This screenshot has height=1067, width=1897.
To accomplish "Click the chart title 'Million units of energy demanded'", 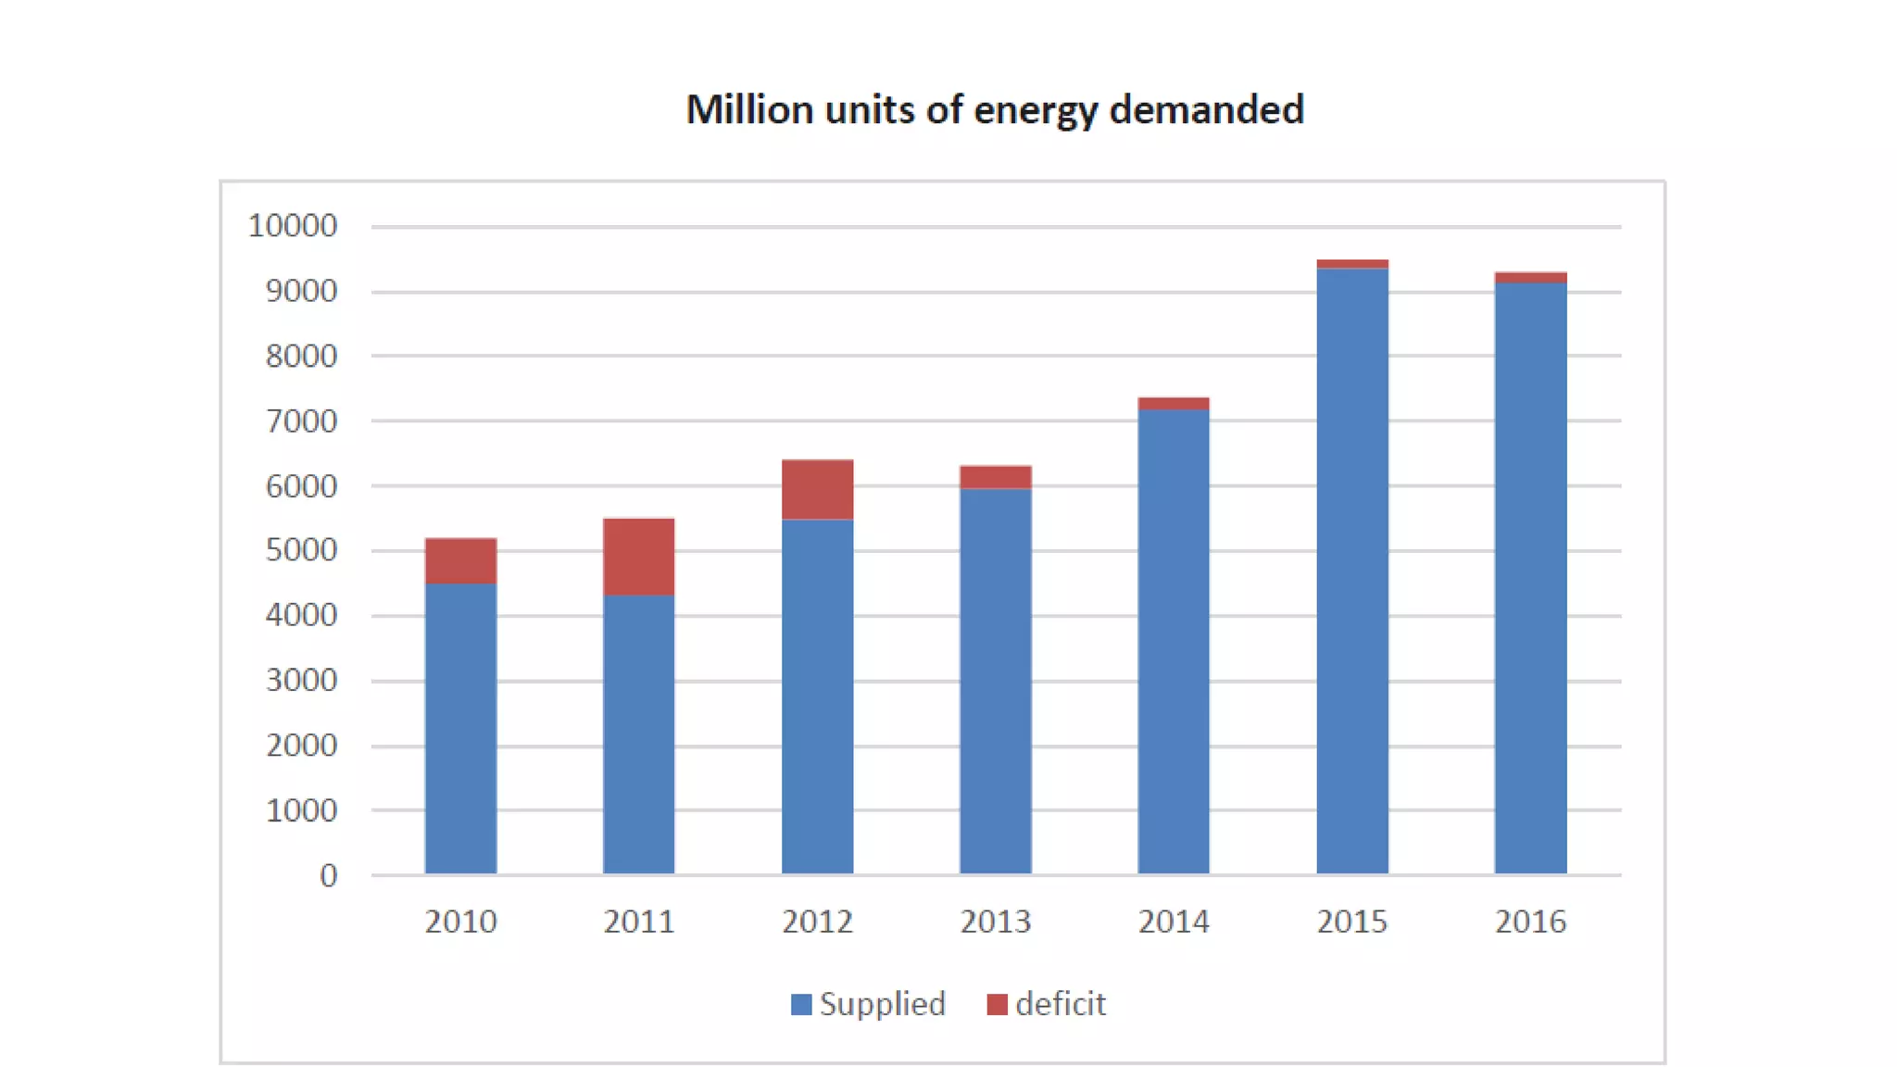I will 994,109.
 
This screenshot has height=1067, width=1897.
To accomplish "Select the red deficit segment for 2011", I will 638,556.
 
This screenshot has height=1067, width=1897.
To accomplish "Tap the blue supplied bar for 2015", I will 1351,571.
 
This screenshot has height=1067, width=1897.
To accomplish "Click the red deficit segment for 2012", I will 817,489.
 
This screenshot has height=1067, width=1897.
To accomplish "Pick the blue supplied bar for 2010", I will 460,728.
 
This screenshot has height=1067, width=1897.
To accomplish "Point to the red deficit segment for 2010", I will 460,560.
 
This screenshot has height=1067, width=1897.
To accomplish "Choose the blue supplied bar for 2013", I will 995,681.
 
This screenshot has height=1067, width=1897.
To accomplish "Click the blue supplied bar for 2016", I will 1530,578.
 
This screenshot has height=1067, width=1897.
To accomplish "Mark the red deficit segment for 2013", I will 995,477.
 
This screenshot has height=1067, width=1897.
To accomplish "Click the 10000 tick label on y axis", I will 292,226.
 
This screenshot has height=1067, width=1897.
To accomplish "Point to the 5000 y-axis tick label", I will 301,550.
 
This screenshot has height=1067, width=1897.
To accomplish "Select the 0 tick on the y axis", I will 328,875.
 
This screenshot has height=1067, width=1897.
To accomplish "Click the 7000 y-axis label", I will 301,421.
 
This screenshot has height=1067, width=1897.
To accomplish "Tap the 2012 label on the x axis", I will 817,922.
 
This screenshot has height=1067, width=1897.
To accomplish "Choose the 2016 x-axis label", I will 1530,922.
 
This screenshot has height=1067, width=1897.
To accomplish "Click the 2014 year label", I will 1173,922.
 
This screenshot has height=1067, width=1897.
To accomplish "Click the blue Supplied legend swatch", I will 801,1004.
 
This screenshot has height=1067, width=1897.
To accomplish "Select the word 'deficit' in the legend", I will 1060,1004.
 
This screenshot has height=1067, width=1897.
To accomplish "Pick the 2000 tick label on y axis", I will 301,746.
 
